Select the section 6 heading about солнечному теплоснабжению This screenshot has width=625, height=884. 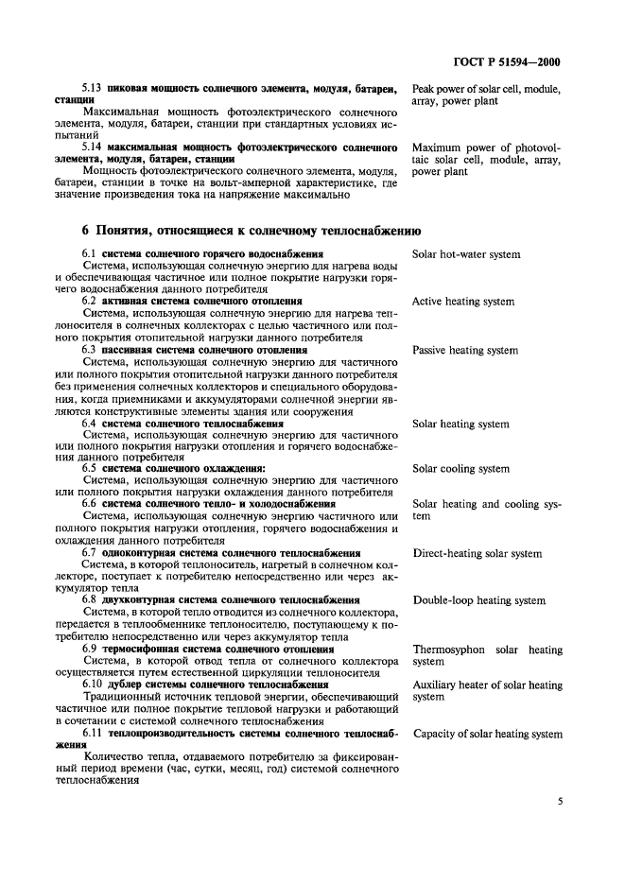point(252,230)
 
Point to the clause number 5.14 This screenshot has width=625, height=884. point(92,148)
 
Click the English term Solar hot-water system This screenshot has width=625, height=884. point(466,254)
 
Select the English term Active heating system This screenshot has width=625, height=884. point(463,303)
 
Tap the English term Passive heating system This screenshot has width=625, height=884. point(465,351)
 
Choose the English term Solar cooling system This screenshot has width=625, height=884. point(460,469)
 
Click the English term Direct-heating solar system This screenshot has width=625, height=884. point(477,553)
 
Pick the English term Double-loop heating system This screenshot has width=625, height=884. point(478,600)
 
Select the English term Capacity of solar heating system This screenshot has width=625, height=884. point(488,733)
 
